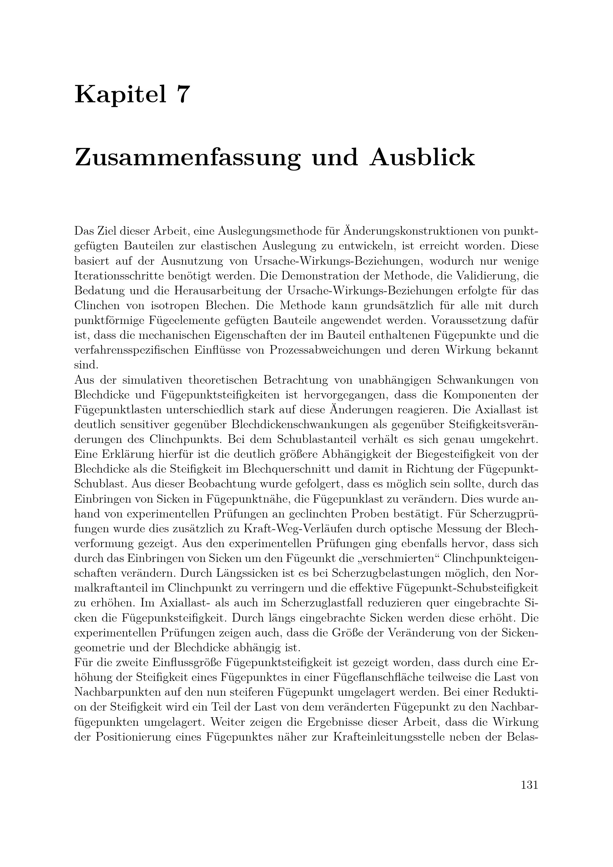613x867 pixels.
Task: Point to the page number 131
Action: point(529,785)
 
